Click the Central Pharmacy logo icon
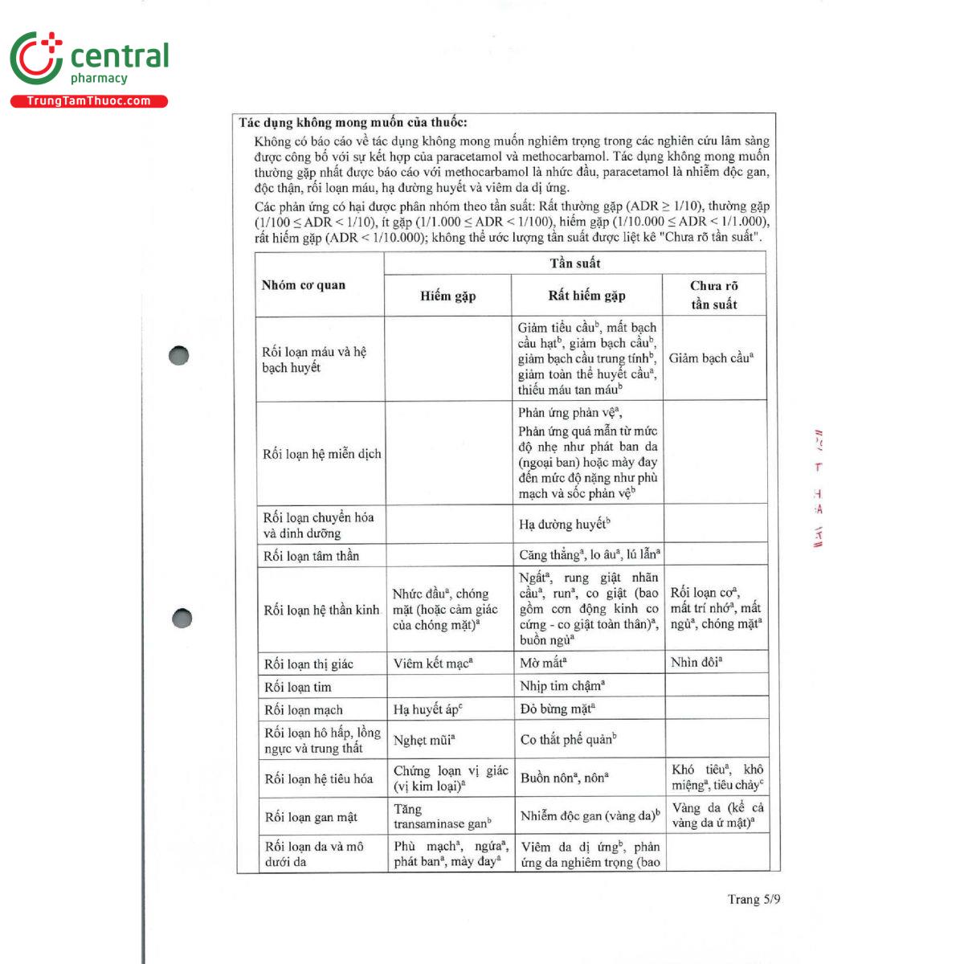pos(36,58)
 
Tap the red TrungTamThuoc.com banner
pos(88,101)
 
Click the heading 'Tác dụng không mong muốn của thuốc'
pos(353,123)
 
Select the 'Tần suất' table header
pos(574,263)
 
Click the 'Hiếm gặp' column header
pos(447,296)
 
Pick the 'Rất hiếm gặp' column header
pos(586,296)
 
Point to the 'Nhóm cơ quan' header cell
pos(304,285)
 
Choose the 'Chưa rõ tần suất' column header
pos(713,295)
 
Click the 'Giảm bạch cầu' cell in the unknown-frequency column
pos(711,358)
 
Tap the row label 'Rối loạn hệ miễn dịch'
pos(321,454)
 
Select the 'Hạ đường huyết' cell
pos(564,525)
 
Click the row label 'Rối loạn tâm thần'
pos(311,556)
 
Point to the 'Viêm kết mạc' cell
pos(433,664)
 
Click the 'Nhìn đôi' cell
pos(696,663)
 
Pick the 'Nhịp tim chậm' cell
pos(562,686)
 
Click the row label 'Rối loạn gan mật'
pos(311,817)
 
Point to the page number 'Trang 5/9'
pos(754,899)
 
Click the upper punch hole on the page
pos(179,355)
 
